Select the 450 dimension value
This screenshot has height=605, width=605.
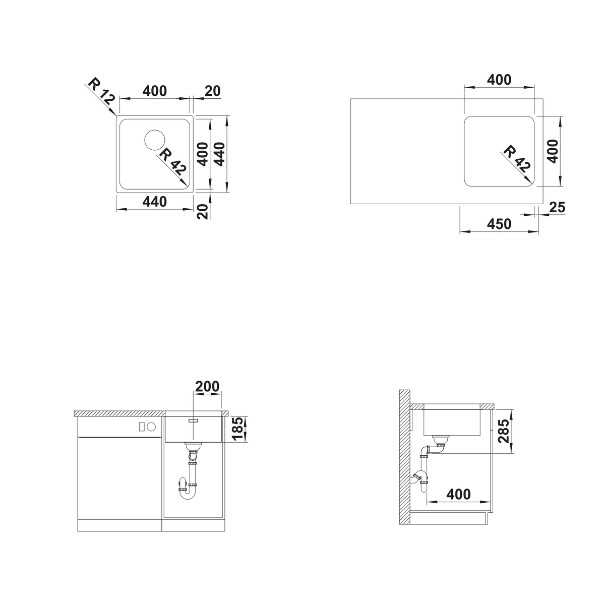pos(499,224)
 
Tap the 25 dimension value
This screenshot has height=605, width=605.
pos(557,207)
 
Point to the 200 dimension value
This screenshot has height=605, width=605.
pos(207,386)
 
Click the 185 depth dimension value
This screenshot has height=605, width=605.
pos(238,429)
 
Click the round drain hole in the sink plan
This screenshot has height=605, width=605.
pos(154,140)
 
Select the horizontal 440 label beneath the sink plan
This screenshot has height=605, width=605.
pos(154,202)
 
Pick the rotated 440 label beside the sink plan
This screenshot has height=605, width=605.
pos(219,154)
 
